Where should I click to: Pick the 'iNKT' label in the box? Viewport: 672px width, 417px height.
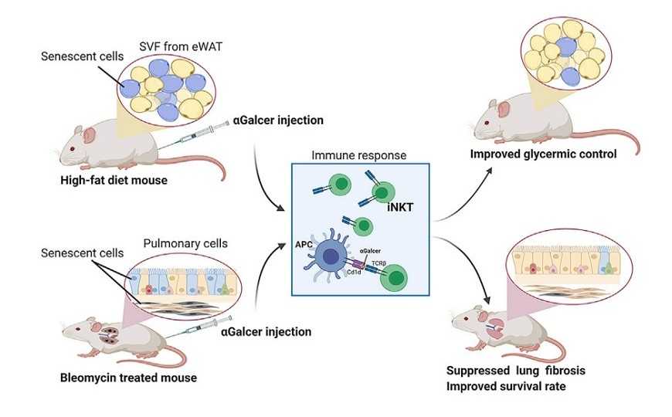[394, 208]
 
